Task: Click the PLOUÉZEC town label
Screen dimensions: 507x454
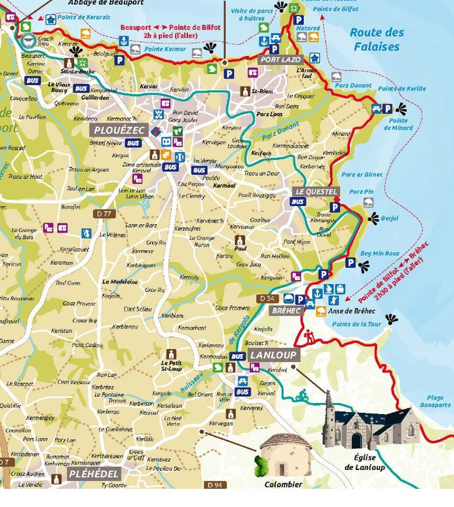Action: (x=118, y=130)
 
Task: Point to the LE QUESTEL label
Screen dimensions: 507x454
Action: (x=316, y=191)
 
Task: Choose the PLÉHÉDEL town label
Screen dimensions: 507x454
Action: (x=93, y=474)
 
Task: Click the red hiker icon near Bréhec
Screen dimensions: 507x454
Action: (x=309, y=337)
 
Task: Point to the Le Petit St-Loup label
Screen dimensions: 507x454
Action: (x=171, y=365)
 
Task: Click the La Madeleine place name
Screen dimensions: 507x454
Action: (x=118, y=281)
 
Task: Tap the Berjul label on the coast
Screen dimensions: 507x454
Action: (x=390, y=219)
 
